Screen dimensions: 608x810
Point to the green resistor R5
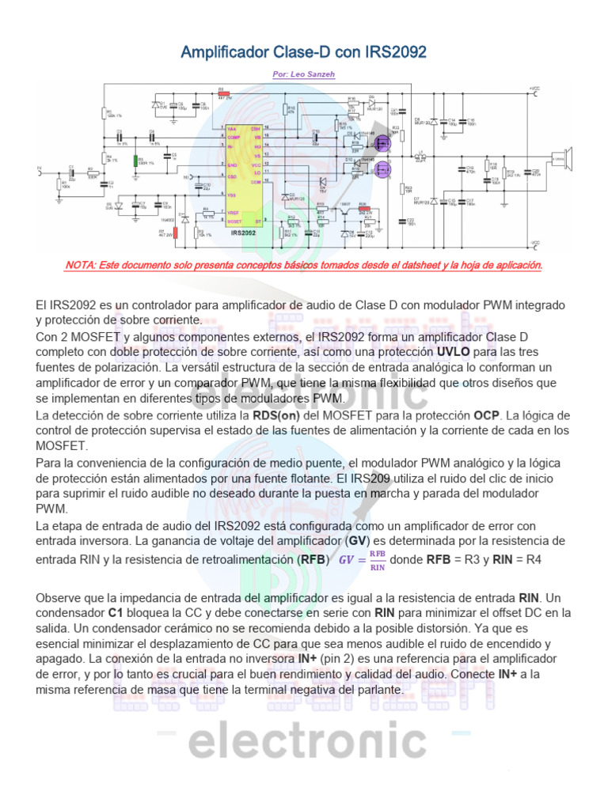point(135,161)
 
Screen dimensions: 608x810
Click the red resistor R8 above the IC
point(222,93)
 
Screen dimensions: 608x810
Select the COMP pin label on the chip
point(233,138)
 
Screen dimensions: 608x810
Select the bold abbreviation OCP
point(487,414)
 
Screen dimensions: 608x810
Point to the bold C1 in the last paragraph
point(116,612)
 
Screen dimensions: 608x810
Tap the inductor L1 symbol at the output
point(420,156)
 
